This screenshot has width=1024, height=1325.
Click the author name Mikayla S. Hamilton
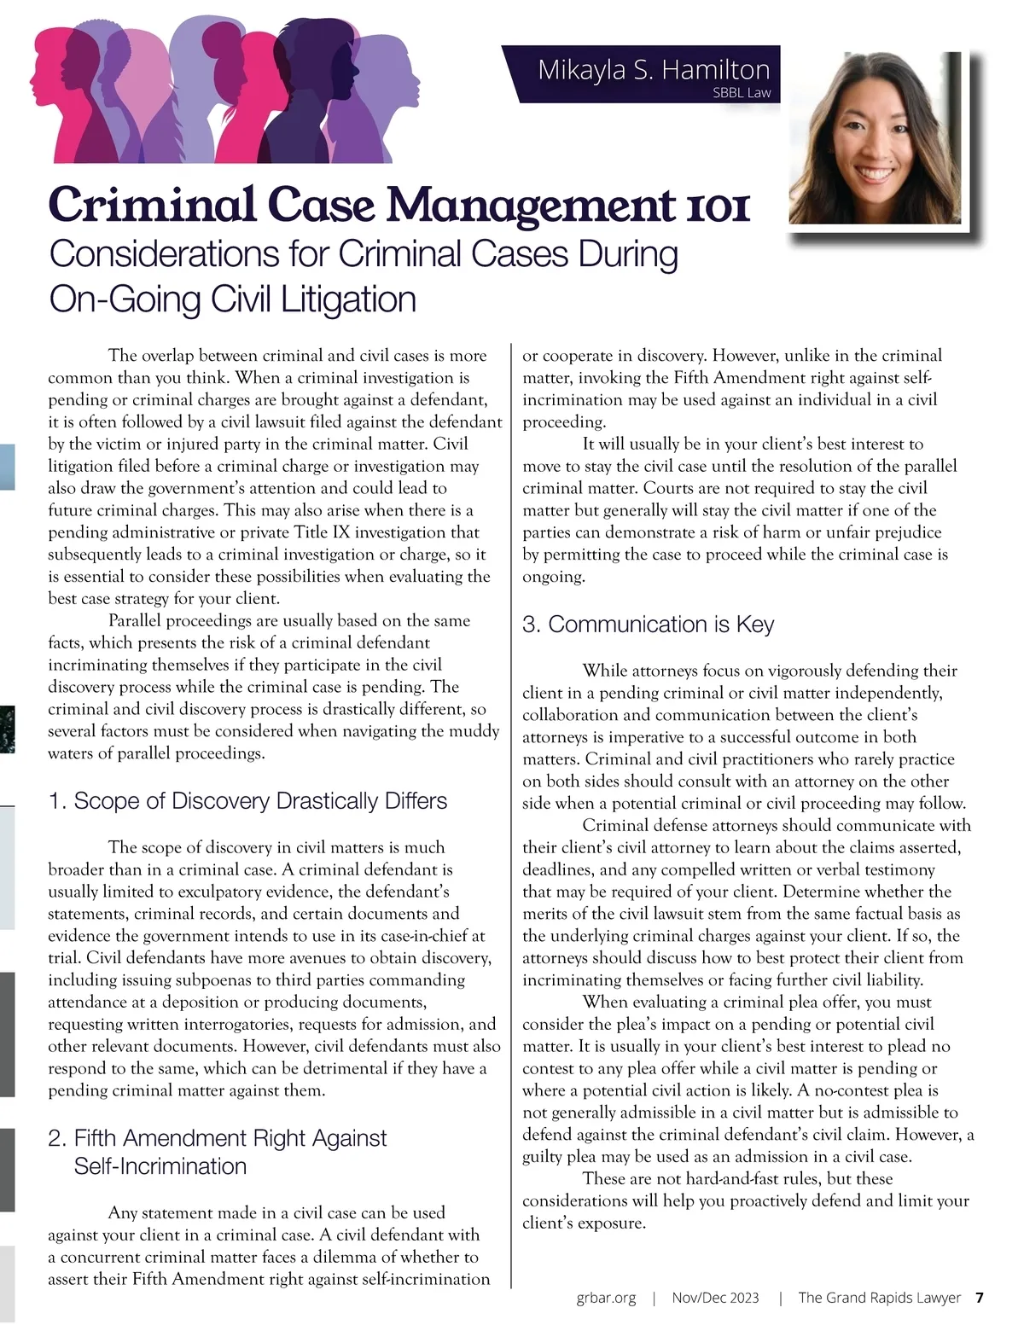[654, 69]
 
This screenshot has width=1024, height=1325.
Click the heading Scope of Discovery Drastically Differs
[247, 801]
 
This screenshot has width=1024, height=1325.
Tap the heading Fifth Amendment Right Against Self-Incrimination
[218, 1152]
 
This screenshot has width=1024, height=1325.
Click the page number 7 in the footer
[980, 1298]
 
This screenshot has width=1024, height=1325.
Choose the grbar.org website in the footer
[606, 1298]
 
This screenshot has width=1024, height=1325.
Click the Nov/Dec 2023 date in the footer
[715, 1298]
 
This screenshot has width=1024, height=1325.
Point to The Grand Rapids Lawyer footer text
[879, 1298]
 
